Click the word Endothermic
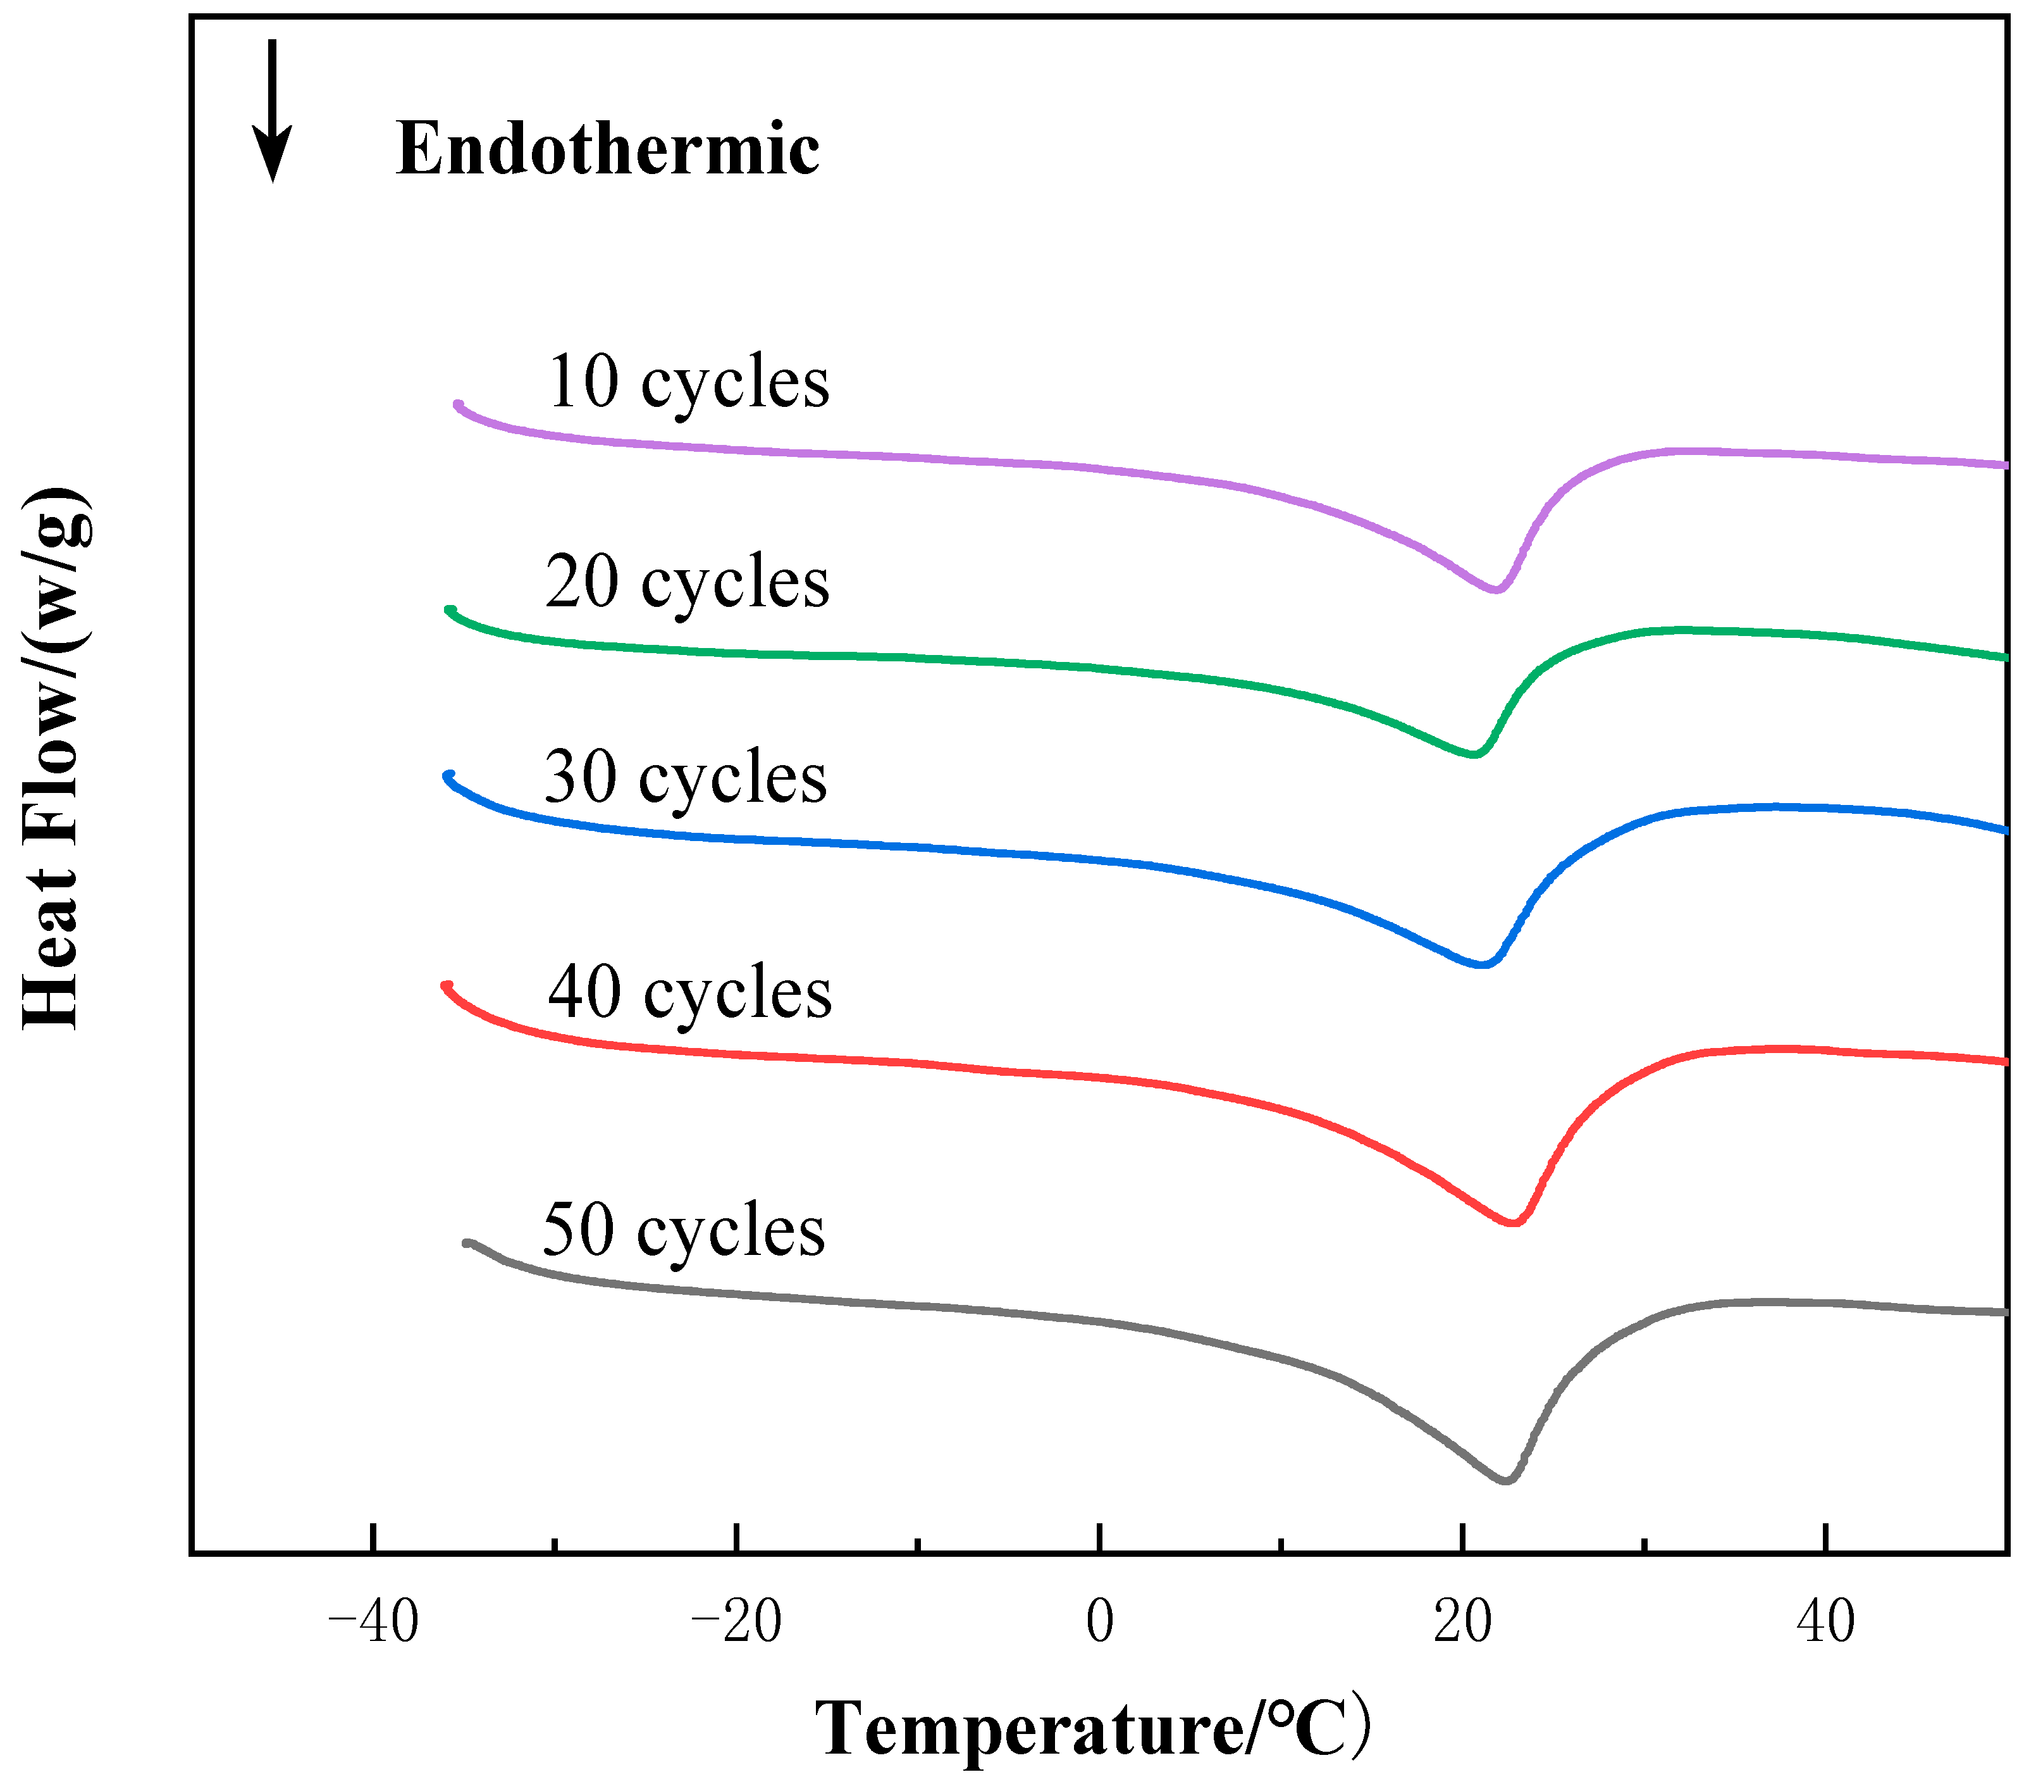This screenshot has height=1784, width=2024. point(607,149)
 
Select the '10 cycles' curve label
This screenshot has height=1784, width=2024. point(687,382)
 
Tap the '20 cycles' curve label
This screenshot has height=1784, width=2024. point(687,582)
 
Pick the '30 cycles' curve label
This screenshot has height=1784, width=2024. point(685,778)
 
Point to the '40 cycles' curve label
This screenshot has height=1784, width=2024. point(689,992)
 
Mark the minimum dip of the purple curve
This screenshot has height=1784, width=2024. point(1496,589)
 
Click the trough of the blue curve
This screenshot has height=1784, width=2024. point(1483,964)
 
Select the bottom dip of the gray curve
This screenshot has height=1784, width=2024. point(1506,1481)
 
